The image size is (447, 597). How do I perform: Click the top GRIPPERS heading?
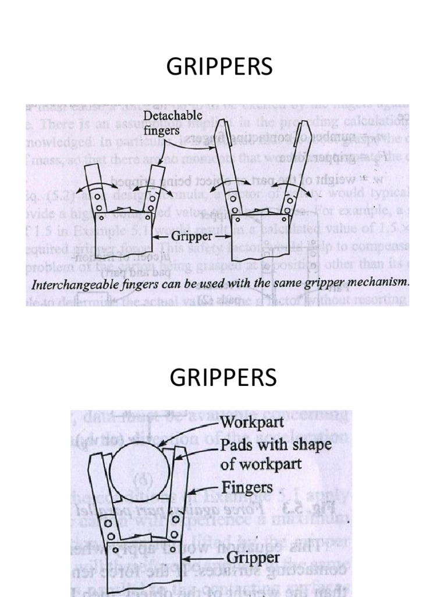tap(219, 68)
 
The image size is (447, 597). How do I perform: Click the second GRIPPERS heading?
tap(223, 379)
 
